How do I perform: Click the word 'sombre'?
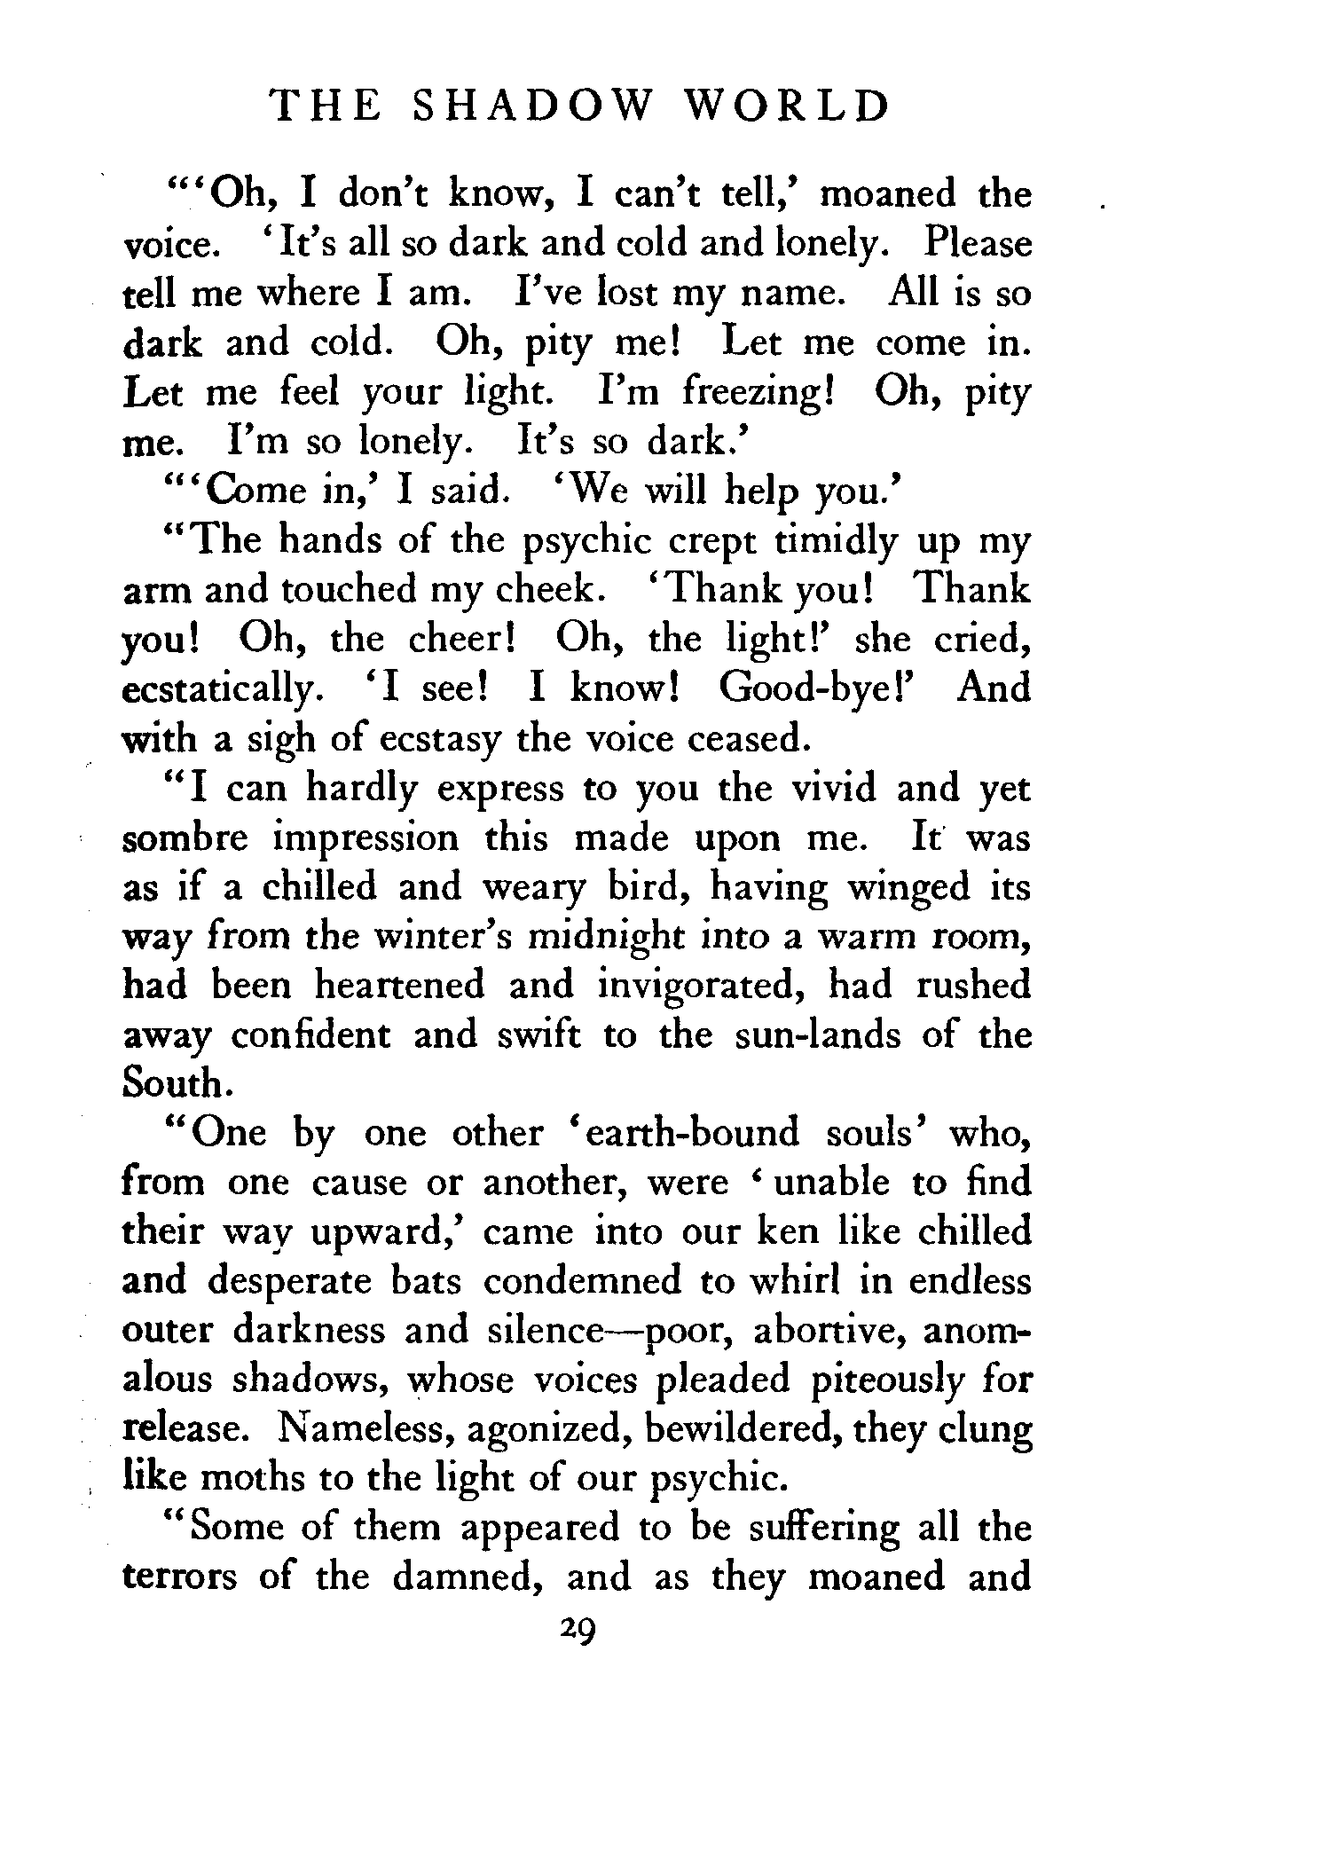(x=185, y=838)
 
